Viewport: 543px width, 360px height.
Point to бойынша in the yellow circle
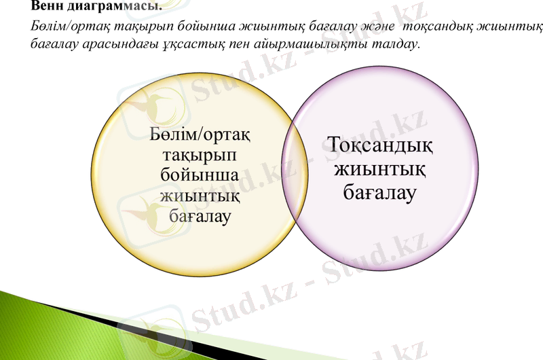[x=199, y=177]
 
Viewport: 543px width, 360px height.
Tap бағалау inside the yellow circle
[x=200, y=217]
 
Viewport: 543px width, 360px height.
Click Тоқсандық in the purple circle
[x=380, y=145]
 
